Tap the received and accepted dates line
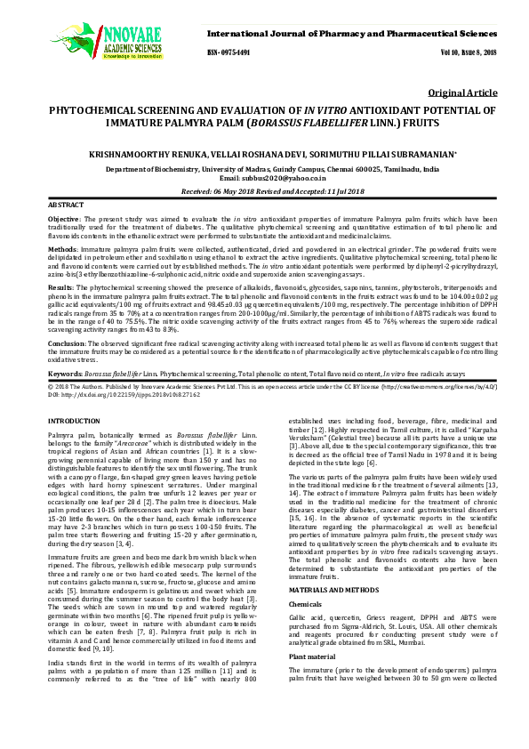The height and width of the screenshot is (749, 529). pyautogui.click(x=264, y=191)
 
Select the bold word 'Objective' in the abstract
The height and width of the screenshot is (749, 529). pyautogui.click(x=63, y=218)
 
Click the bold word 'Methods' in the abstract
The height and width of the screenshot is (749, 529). pyautogui.click(x=61, y=252)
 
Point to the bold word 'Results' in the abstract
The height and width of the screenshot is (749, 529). pyautogui.click(x=60, y=289)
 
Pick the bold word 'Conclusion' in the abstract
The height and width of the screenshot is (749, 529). pyautogui.click(x=67, y=342)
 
